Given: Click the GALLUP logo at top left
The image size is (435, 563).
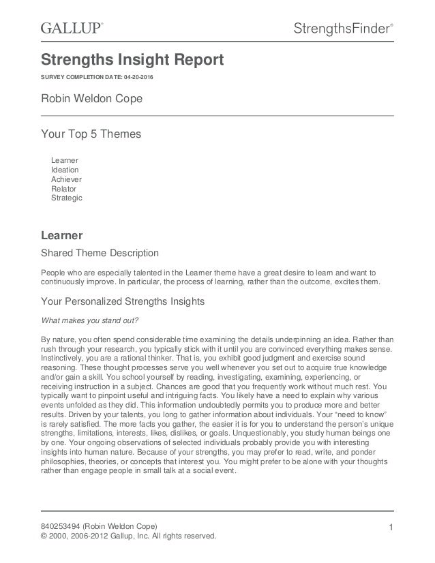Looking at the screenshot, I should point(71,28).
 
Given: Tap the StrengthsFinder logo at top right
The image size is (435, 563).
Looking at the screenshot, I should point(343,28).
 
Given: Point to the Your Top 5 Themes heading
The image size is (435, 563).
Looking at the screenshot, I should point(91,134).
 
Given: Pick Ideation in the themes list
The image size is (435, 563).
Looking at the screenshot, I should point(65,170).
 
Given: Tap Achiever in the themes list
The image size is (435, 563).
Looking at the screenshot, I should point(66,179).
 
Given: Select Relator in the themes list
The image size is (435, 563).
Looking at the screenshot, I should point(64,188).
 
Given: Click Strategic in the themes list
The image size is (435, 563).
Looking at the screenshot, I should point(66,198).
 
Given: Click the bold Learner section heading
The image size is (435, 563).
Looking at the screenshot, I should point(62,236).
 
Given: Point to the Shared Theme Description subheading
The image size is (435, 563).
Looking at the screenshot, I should point(100,254).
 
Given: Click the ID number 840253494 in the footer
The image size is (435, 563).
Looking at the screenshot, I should point(61,526).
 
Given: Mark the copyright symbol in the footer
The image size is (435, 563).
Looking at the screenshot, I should point(45,536).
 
